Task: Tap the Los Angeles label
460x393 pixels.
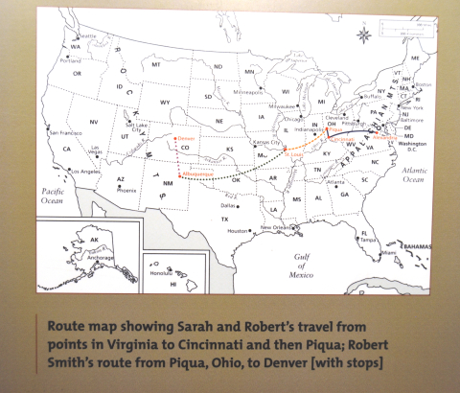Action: click(85, 172)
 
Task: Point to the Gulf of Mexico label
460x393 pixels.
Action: click(304, 265)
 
